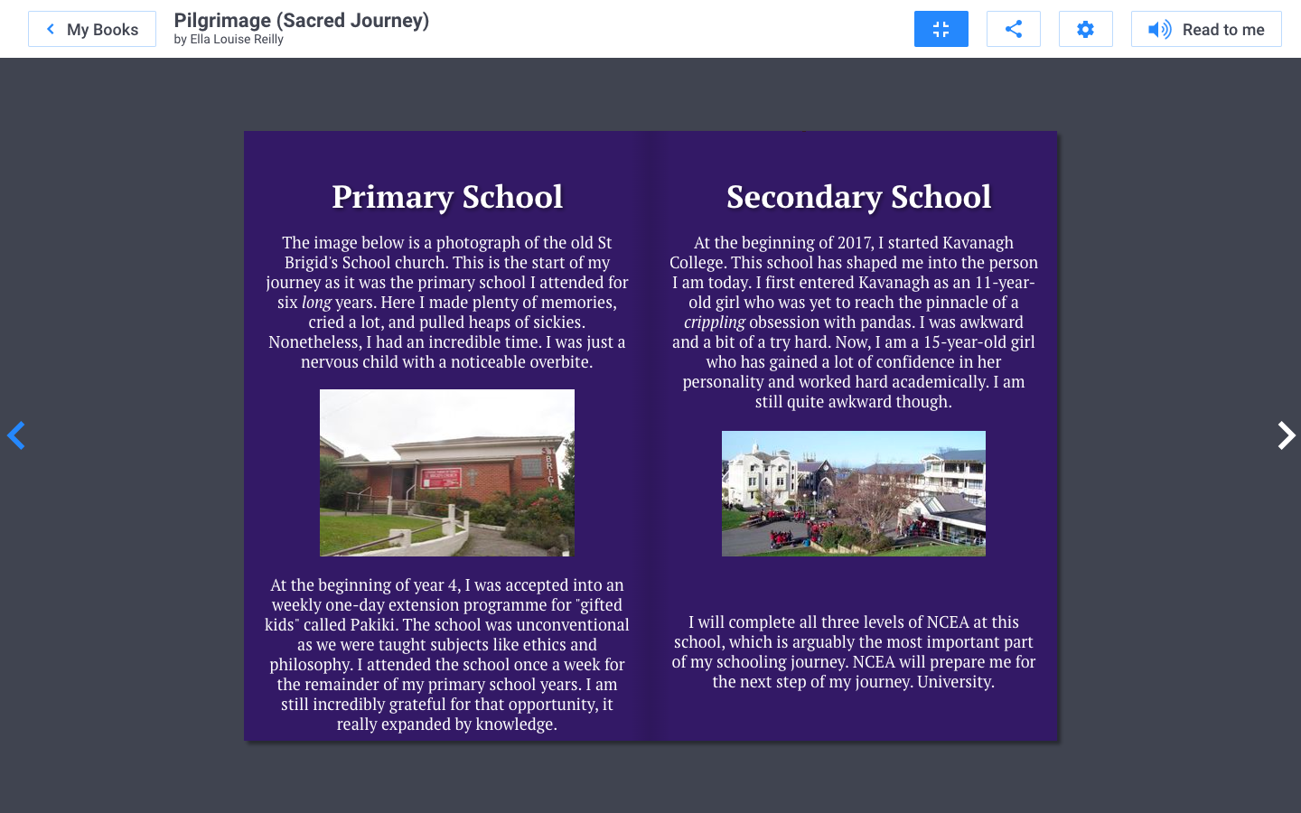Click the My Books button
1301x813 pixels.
[x=92, y=29]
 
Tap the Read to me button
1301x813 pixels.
[x=1206, y=29]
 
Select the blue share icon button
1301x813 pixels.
[x=1014, y=29]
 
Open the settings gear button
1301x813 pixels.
[x=1085, y=29]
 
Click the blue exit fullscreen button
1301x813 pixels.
[x=941, y=29]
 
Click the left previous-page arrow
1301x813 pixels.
[x=16, y=435]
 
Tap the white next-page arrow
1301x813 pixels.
[x=1286, y=435]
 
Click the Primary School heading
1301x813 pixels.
[x=447, y=197]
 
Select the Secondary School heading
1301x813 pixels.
[x=858, y=197]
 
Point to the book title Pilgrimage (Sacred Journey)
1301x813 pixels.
[x=301, y=20]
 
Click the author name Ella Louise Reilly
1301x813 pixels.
[x=237, y=39]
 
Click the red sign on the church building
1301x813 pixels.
[x=441, y=478]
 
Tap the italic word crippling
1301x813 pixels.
[x=714, y=322]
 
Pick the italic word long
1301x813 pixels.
[x=316, y=303]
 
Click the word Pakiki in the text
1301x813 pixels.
[x=373, y=625]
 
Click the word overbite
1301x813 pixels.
[x=559, y=362]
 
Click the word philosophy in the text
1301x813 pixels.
[x=310, y=665]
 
